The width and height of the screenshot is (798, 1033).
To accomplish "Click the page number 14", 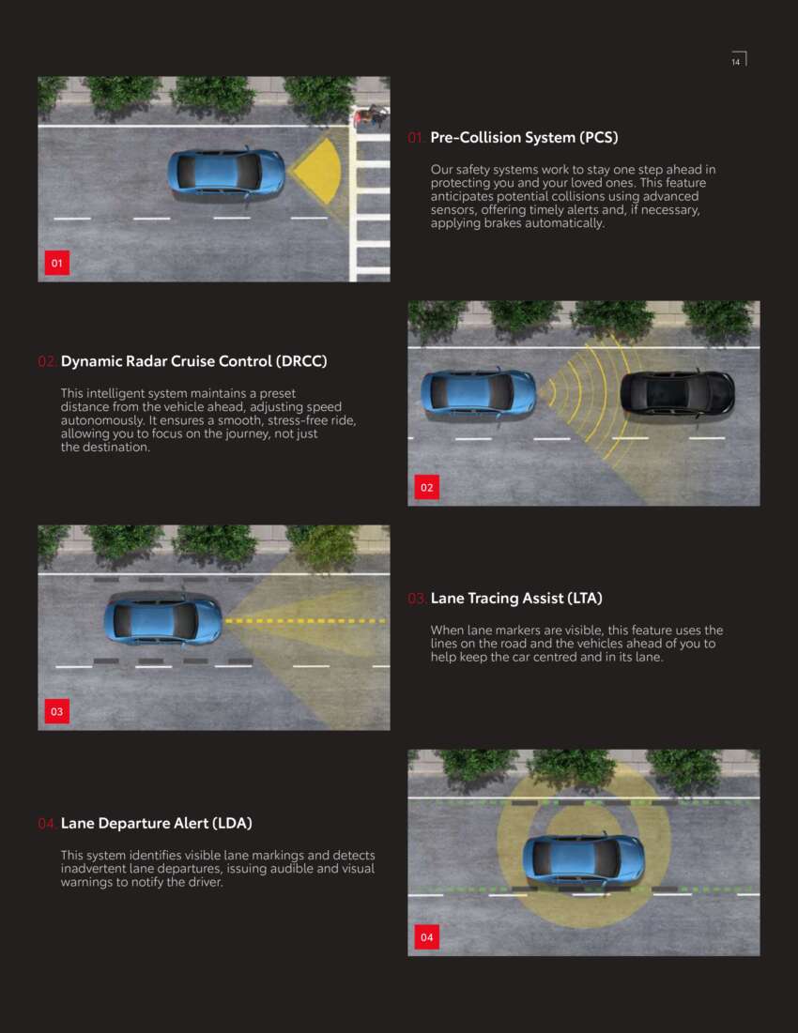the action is [735, 62].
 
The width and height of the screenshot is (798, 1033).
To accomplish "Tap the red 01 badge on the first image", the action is [56, 263].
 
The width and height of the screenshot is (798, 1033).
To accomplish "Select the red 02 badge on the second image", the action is [427, 488].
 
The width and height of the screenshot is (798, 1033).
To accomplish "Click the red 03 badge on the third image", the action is [56, 711].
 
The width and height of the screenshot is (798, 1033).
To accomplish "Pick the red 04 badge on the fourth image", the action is [427, 936].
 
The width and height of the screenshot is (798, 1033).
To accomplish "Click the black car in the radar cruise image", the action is [678, 393].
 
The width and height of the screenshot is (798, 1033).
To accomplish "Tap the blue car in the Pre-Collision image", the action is [226, 173].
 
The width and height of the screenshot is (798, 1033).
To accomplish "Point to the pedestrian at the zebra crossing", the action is [368, 115].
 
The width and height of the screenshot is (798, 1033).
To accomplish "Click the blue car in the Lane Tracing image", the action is [163, 620].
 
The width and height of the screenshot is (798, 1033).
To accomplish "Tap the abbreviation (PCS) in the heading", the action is [598, 138].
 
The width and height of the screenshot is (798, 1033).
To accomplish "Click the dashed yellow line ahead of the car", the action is [305, 620].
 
